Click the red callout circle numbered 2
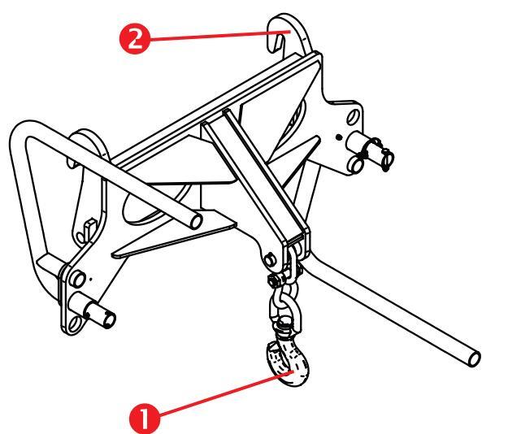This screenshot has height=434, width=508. coord(135,40)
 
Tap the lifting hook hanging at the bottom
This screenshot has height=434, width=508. coord(289,362)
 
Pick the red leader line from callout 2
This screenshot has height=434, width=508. coord(220,35)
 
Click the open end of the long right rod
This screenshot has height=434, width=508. coord(475,359)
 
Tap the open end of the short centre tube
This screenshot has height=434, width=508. coord(196,222)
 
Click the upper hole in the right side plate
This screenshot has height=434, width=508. coord(353,117)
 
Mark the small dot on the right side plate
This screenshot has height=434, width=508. coord(339,137)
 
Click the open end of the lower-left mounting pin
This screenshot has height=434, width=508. coord(110,320)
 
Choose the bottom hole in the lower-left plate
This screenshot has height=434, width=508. coord(75,324)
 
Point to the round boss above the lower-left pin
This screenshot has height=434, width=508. coord(78,280)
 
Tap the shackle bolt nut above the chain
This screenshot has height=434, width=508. coord(274,280)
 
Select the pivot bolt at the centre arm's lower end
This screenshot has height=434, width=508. coord(268,260)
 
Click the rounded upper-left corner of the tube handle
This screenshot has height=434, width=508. coord(20,131)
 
